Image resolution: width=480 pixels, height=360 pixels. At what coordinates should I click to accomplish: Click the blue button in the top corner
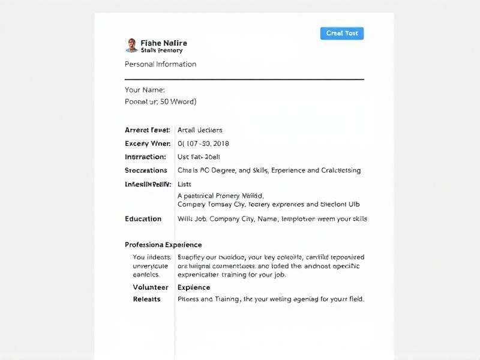(x=342, y=34)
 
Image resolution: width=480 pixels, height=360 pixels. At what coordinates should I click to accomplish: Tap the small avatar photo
(x=131, y=45)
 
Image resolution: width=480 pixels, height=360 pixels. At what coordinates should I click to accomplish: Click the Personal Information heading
(x=160, y=64)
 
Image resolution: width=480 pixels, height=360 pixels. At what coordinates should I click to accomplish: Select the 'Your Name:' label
(x=145, y=90)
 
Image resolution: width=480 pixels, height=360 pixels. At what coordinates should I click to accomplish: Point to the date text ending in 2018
(x=203, y=143)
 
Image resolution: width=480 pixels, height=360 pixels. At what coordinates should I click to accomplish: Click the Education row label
(x=143, y=219)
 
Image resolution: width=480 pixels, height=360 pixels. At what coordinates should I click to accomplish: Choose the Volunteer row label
(x=151, y=287)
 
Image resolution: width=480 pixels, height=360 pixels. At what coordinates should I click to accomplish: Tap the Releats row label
(x=147, y=299)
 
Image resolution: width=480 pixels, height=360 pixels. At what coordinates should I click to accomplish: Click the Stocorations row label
(x=146, y=170)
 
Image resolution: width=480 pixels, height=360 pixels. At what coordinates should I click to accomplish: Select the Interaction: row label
(x=145, y=157)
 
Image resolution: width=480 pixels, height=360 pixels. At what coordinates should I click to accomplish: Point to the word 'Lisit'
(x=184, y=184)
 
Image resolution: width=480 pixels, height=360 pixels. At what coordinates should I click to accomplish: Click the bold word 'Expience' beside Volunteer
(x=194, y=287)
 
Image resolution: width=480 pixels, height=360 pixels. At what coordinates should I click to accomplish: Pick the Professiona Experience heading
(x=163, y=245)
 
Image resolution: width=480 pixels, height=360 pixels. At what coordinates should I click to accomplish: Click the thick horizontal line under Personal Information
(x=244, y=79)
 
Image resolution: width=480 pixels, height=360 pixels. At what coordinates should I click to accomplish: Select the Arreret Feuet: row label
(x=147, y=130)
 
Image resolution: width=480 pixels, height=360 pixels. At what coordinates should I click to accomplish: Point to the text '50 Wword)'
(x=179, y=102)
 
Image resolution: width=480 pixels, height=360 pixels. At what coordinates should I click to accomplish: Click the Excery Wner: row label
(x=148, y=143)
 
